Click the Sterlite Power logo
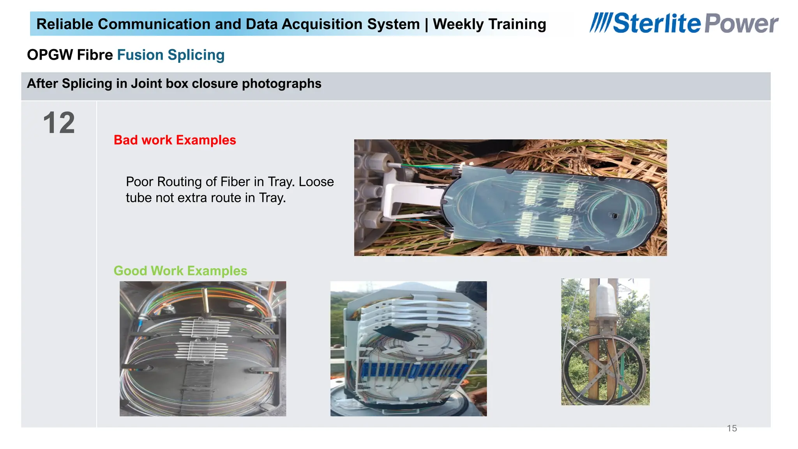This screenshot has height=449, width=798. (x=684, y=23)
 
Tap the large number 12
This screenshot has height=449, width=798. (x=59, y=123)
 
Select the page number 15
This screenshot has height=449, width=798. (x=732, y=428)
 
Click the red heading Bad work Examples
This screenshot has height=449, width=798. (x=175, y=140)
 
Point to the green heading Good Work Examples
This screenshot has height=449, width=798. (x=180, y=270)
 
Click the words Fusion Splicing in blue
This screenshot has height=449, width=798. (x=171, y=55)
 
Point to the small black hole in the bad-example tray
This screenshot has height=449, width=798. (x=614, y=215)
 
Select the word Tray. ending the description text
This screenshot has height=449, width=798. (x=272, y=198)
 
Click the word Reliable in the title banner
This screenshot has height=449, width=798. (x=65, y=24)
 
